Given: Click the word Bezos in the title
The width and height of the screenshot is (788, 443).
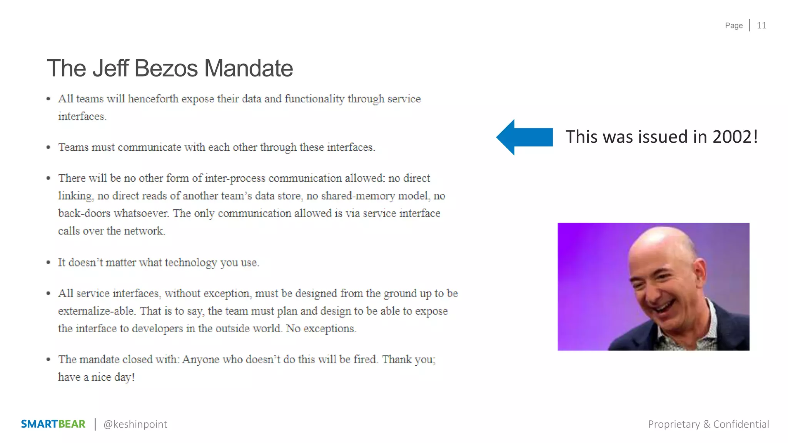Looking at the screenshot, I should pyautogui.click(x=166, y=68).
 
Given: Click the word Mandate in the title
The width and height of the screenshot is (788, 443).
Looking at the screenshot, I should pyautogui.click(x=248, y=68).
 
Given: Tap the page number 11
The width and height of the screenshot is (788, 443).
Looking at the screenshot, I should pyautogui.click(x=761, y=25).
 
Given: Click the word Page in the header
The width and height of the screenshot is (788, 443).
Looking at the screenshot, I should pyautogui.click(x=734, y=25).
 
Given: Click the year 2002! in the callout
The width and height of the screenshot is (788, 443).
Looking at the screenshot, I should pyautogui.click(x=735, y=137).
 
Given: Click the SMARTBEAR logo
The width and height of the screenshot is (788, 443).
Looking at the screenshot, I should pyautogui.click(x=53, y=424).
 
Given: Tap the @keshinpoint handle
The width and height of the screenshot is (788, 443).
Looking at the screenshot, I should pyautogui.click(x=135, y=424).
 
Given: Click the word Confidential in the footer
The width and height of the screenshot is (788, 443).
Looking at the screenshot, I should pyautogui.click(x=741, y=424).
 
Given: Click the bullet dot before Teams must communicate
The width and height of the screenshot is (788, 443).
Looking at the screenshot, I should pyautogui.click(x=48, y=148).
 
